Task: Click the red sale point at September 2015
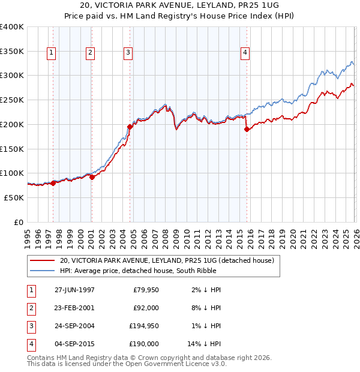point(247,129)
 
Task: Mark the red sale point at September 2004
point(130,127)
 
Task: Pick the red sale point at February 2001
point(92,177)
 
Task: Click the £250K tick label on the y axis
point(12,100)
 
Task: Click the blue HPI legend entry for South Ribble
point(150,271)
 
